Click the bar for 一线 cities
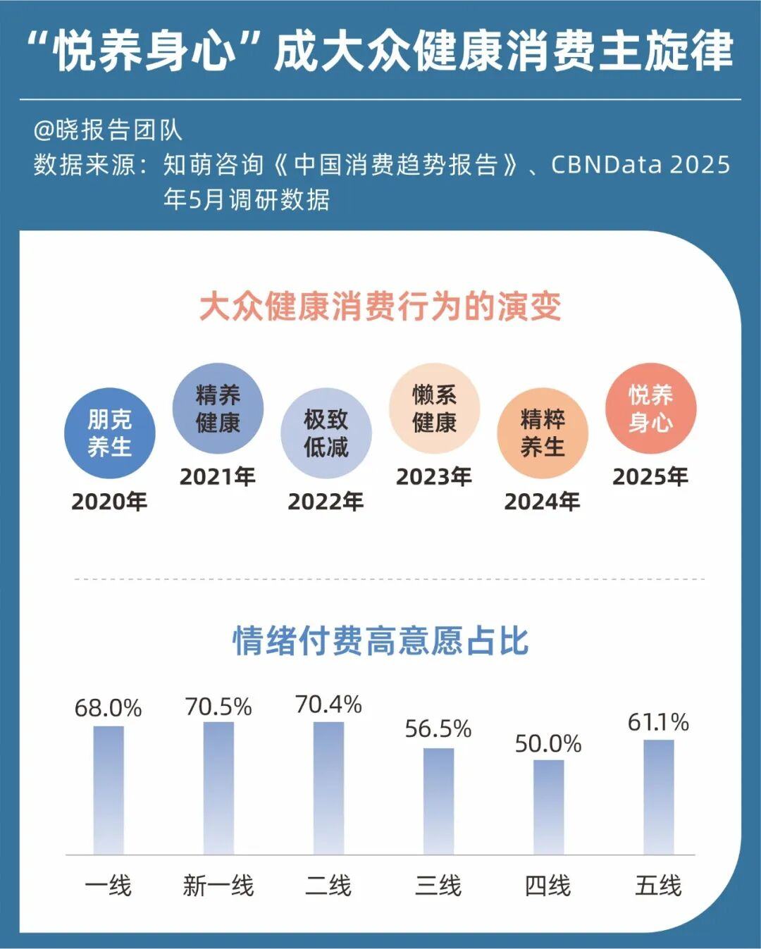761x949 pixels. point(109,790)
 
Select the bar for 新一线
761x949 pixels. point(218,788)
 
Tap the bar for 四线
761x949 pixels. point(548,807)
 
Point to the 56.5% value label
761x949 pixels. point(438,728)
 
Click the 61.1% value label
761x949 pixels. point(658,722)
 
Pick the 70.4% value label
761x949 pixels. point(328,704)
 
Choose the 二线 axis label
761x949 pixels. point(328,886)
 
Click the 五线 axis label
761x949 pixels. point(658,886)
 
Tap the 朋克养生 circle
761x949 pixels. point(109,433)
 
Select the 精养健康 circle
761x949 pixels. point(218,409)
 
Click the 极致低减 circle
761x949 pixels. point(326,433)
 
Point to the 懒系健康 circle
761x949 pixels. point(434,409)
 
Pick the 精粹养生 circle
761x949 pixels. point(542,433)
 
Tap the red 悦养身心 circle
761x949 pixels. point(650,409)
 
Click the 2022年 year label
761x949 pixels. point(326,501)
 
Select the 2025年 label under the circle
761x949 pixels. point(650,477)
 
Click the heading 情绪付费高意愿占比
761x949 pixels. point(380,640)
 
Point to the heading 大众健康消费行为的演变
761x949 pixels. point(380,306)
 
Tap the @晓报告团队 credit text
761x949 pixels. point(108,130)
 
